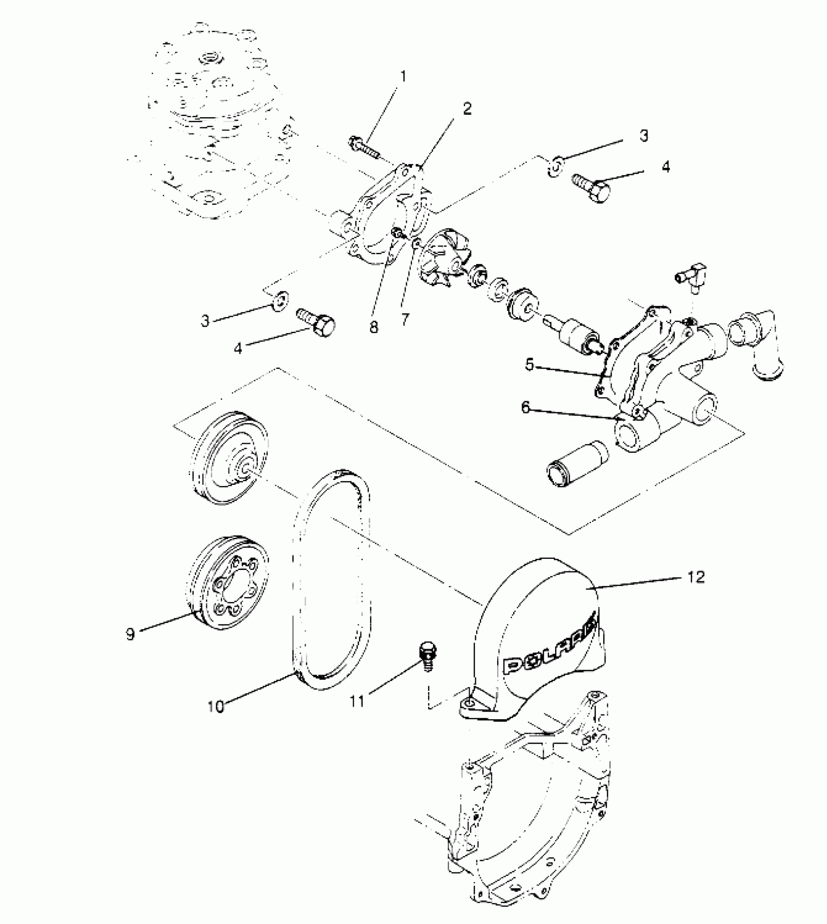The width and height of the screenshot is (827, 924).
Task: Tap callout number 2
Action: pyautogui.click(x=467, y=108)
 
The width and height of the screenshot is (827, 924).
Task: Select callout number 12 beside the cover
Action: pyautogui.click(x=696, y=577)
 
